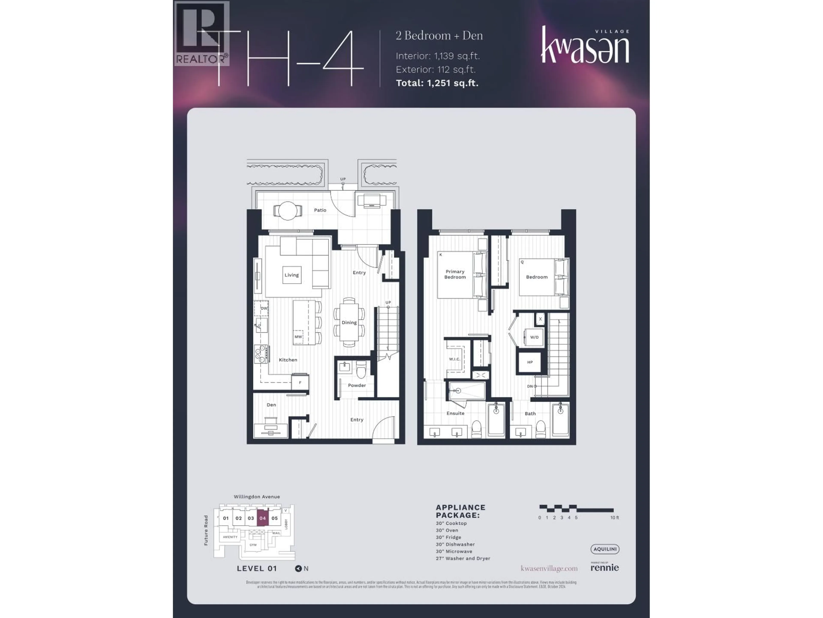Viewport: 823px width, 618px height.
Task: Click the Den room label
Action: (x=271, y=404)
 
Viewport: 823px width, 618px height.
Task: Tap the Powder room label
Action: (x=357, y=385)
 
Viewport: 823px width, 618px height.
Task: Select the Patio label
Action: (x=320, y=210)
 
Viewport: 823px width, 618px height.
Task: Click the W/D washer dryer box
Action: (x=534, y=337)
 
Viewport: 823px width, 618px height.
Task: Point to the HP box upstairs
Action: (x=530, y=362)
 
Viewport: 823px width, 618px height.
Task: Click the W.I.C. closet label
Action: (x=454, y=359)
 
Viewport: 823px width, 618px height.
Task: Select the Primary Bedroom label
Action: (x=455, y=274)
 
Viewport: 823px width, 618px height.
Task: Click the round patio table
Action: (x=288, y=211)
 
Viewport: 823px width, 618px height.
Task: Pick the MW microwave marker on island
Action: (x=298, y=337)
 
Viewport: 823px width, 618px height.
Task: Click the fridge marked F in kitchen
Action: (x=300, y=382)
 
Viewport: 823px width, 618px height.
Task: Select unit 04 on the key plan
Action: (x=263, y=518)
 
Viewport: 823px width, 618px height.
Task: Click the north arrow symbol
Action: (x=298, y=568)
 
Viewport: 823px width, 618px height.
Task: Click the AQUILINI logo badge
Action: (x=605, y=549)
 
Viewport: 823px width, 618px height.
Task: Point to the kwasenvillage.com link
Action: (x=549, y=568)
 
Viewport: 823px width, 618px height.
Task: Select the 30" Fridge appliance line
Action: (x=448, y=537)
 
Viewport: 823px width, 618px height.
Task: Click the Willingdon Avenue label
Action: (x=257, y=497)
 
